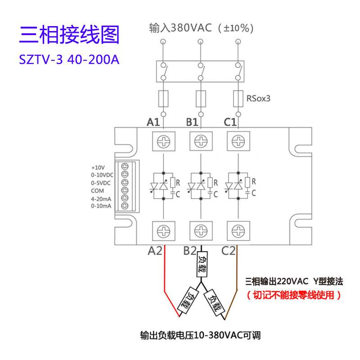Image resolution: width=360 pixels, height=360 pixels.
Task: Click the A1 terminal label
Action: point(153,122)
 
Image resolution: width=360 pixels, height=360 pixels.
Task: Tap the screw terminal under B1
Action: point(201,141)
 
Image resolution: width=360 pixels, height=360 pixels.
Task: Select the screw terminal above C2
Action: point(238,231)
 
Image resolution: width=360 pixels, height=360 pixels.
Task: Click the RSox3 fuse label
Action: point(258,99)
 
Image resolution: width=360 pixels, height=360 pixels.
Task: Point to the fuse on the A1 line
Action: point(163,99)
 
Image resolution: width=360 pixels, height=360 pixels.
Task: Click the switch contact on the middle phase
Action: point(201,72)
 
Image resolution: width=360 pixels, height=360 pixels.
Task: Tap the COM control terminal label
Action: point(97,191)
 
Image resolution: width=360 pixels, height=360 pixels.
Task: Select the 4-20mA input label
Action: point(101,199)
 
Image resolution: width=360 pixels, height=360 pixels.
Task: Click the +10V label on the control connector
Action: point(98,167)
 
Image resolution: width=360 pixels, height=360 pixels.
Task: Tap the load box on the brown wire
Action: point(214,302)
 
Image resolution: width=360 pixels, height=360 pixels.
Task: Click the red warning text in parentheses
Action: point(294,295)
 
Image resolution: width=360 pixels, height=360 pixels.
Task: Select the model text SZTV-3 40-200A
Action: point(69,60)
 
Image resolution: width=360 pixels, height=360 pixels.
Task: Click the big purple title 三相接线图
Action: point(69,35)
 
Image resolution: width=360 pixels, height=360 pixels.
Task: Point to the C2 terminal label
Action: point(228,251)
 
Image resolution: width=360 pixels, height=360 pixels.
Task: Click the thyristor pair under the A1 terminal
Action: point(159,185)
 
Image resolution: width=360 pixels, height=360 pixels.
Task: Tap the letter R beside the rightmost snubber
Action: point(253,181)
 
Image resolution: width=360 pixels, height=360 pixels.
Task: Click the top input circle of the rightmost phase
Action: point(238,41)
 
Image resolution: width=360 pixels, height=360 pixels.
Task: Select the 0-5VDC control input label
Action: point(101,183)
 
